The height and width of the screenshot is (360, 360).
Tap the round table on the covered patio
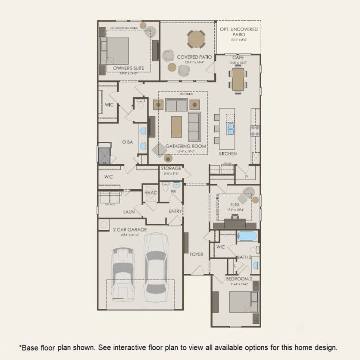197,39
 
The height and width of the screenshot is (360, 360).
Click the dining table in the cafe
238,79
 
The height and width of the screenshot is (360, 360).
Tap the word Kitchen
228,153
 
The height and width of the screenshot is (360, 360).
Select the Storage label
171,168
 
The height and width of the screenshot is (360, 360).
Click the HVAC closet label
150,193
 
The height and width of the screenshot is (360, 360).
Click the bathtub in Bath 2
247,236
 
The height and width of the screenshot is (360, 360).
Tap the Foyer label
196,254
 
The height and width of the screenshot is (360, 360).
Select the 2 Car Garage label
129,229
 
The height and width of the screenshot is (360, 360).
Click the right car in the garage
155,267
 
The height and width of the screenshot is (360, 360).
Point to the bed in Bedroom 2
243,302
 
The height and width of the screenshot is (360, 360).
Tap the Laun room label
129,212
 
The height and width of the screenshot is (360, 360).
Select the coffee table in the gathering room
176,127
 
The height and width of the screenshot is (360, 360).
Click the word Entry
175,211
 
